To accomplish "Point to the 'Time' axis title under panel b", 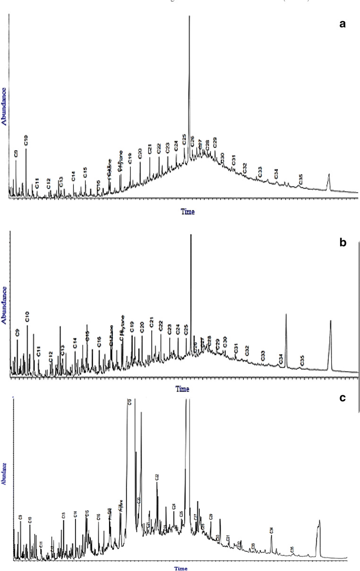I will pos(182,389).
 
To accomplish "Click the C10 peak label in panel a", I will pos(26,140).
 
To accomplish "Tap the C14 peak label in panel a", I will pos(73,176).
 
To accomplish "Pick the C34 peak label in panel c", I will pos(271,530).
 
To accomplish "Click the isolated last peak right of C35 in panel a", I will pos(329,181).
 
